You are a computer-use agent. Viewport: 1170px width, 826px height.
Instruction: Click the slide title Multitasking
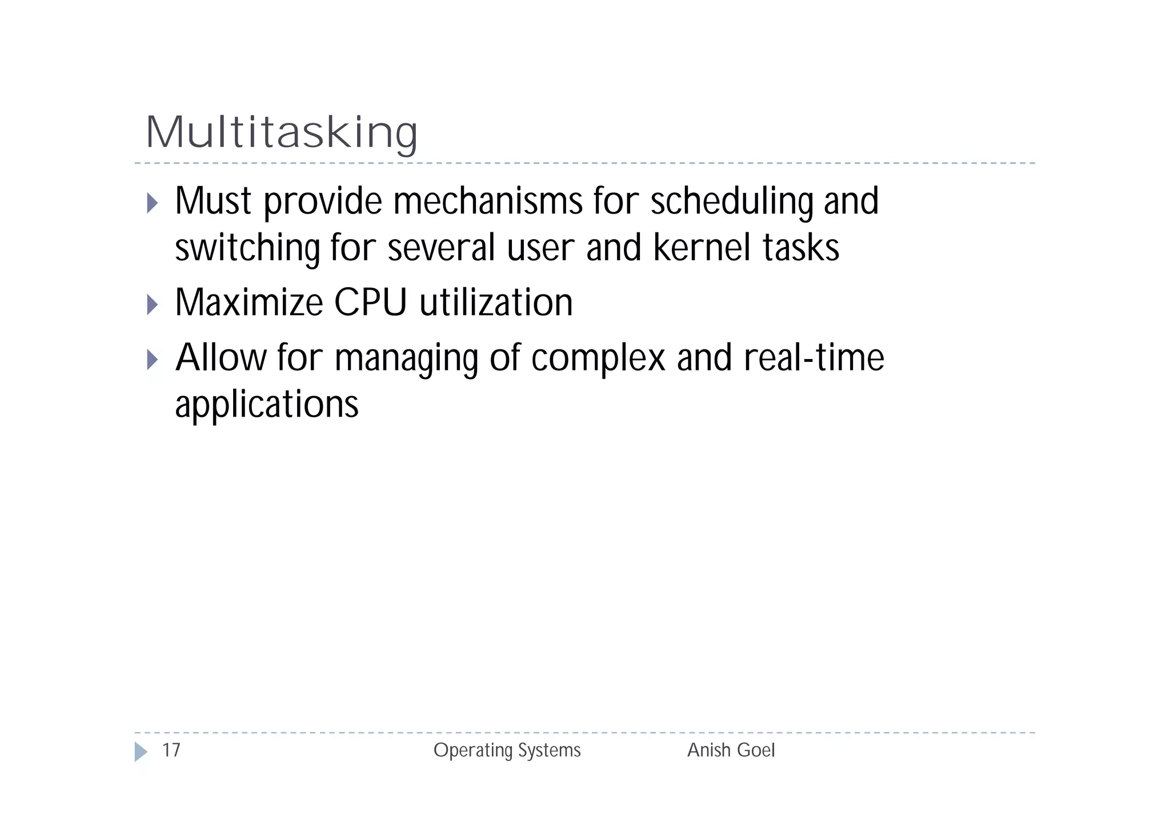[282, 132]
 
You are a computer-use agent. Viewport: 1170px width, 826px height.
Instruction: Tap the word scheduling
[731, 202]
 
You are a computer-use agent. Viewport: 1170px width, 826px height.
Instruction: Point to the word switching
[247, 249]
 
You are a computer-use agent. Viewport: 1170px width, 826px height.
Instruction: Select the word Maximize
[249, 303]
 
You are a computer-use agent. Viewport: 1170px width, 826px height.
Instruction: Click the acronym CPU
[370, 303]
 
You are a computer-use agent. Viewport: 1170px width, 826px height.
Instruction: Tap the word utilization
[496, 303]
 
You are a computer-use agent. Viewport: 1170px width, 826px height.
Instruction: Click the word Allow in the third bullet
[221, 358]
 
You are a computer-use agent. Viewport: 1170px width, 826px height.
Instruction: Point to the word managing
[406, 359]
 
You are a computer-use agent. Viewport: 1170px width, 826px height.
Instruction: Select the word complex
[598, 359]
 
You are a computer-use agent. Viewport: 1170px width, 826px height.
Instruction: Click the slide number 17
[171, 750]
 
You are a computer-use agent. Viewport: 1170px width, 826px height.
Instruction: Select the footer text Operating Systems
[507, 750]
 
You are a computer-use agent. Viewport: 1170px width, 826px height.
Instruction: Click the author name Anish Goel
[731, 750]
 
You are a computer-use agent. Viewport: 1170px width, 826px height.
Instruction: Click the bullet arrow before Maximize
[152, 304]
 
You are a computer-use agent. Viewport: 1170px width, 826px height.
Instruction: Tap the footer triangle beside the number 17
[141, 751]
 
